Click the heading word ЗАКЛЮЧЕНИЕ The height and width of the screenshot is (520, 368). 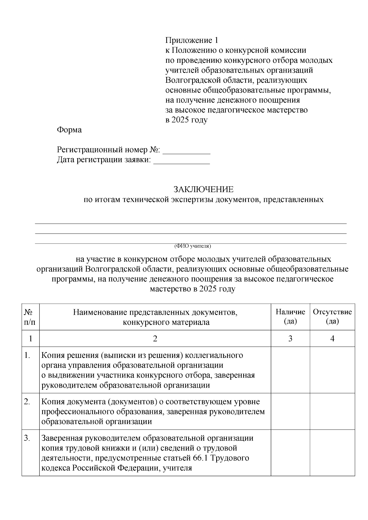pyautogui.click(x=203, y=189)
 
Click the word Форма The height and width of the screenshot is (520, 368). pyautogui.click(x=69, y=130)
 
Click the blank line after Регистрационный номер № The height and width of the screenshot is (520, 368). pyautogui.click(x=186, y=151)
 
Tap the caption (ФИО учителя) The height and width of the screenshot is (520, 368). pyautogui.click(x=193, y=246)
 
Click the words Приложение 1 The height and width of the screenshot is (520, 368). pyautogui.click(x=192, y=40)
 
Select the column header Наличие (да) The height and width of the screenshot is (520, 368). pyautogui.click(x=290, y=317)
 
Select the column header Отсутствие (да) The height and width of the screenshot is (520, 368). pyautogui.click(x=332, y=317)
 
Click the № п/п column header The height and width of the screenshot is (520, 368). pyautogui.click(x=30, y=317)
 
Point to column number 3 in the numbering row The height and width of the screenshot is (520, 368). pyautogui.click(x=290, y=338)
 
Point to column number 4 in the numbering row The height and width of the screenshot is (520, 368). pyautogui.click(x=332, y=338)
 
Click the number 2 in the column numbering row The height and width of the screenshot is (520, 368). pyautogui.click(x=155, y=338)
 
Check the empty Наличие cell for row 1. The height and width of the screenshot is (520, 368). pyautogui.click(x=290, y=370)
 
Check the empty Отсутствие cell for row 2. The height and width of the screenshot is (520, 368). pyautogui.click(x=332, y=411)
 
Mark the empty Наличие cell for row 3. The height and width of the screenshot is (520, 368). pyautogui.click(x=290, y=453)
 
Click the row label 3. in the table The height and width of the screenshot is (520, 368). pyautogui.click(x=27, y=438)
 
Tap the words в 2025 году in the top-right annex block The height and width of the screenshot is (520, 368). pyautogui.click(x=186, y=120)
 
